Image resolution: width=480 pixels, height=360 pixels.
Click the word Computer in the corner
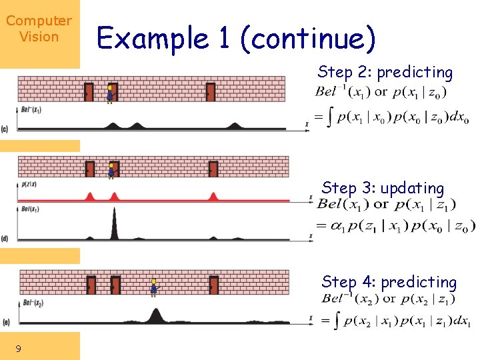click(39, 21)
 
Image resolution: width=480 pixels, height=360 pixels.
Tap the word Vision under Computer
click(39, 37)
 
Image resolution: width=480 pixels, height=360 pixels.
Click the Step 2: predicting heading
click(385, 72)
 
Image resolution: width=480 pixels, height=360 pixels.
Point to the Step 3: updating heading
click(383, 189)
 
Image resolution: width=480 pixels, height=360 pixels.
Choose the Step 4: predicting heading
click(389, 282)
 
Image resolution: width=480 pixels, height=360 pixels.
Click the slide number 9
click(18, 348)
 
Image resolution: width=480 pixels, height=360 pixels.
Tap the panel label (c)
click(5, 128)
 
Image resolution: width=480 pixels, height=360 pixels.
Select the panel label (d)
click(5, 239)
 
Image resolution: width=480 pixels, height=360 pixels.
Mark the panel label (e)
click(5, 323)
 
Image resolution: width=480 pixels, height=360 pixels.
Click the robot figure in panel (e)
click(154, 287)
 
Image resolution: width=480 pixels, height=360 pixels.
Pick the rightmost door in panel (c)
click(211, 91)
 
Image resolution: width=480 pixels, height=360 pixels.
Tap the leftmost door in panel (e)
click(91, 285)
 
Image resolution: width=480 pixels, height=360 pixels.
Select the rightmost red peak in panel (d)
click(213, 196)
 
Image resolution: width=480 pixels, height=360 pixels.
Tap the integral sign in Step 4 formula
click(337, 321)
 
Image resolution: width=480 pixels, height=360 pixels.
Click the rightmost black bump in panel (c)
click(235, 125)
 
